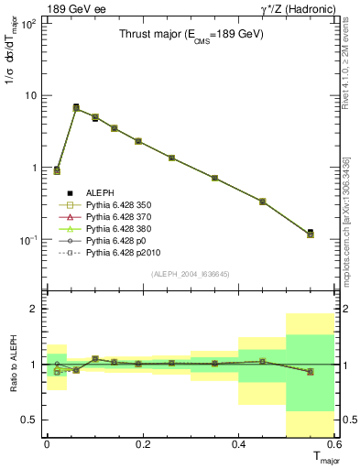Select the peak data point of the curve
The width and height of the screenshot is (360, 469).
click(x=76, y=107)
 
